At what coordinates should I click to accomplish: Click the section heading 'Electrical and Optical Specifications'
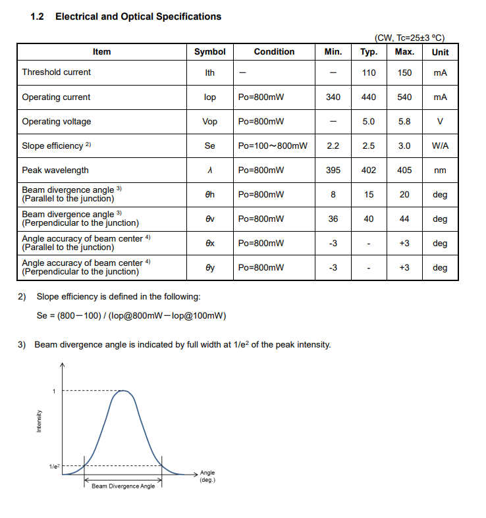click(x=138, y=16)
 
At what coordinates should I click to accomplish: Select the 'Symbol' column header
click(x=209, y=52)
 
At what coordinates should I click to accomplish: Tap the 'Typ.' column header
click(x=369, y=52)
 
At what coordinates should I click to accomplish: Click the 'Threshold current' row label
click(x=57, y=72)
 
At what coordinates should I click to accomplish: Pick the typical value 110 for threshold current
click(x=369, y=72)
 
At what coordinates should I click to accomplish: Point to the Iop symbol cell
click(x=209, y=97)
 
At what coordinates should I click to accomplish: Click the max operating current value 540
click(x=404, y=97)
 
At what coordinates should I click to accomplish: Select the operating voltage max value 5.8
click(x=404, y=122)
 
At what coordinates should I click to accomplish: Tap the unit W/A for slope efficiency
click(x=440, y=146)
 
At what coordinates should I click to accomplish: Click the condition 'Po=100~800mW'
click(x=273, y=146)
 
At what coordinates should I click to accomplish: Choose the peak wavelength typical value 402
click(x=369, y=170)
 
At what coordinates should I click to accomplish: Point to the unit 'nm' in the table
click(x=440, y=170)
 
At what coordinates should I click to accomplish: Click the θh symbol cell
click(x=209, y=195)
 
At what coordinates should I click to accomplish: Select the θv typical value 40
click(x=369, y=219)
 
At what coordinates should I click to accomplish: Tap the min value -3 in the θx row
click(x=333, y=244)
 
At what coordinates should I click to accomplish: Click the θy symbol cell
click(x=209, y=268)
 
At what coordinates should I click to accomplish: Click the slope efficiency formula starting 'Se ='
click(x=132, y=316)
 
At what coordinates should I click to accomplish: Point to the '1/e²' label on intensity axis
click(x=53, y=467)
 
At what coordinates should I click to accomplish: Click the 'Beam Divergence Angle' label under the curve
click(x=123, y=486)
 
